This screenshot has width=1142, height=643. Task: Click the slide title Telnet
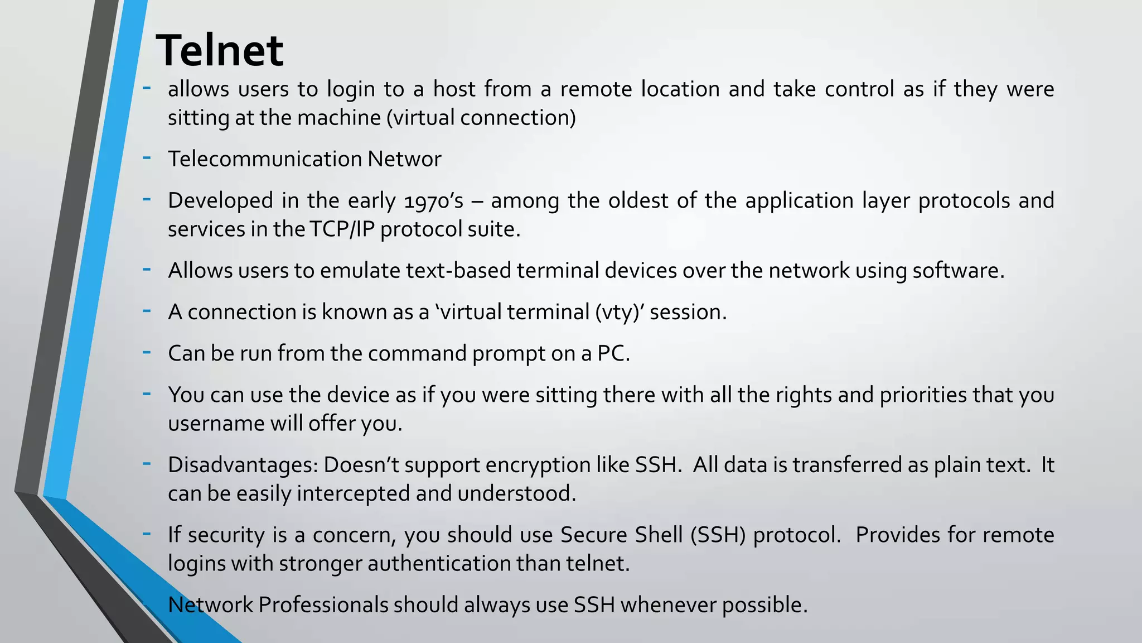[x=219, y=50]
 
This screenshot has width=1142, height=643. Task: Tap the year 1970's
[x=433, y=201]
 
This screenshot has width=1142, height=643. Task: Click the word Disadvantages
[x=243, y=465]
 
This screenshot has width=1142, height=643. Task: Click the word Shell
[x=658, y=535]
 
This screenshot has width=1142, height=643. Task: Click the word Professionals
[x=323, y=605]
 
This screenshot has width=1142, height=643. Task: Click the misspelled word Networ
[x=404, y=159]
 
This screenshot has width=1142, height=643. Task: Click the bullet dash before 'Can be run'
[x=147, y=352]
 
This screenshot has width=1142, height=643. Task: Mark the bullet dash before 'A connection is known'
[x=147, y=310]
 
